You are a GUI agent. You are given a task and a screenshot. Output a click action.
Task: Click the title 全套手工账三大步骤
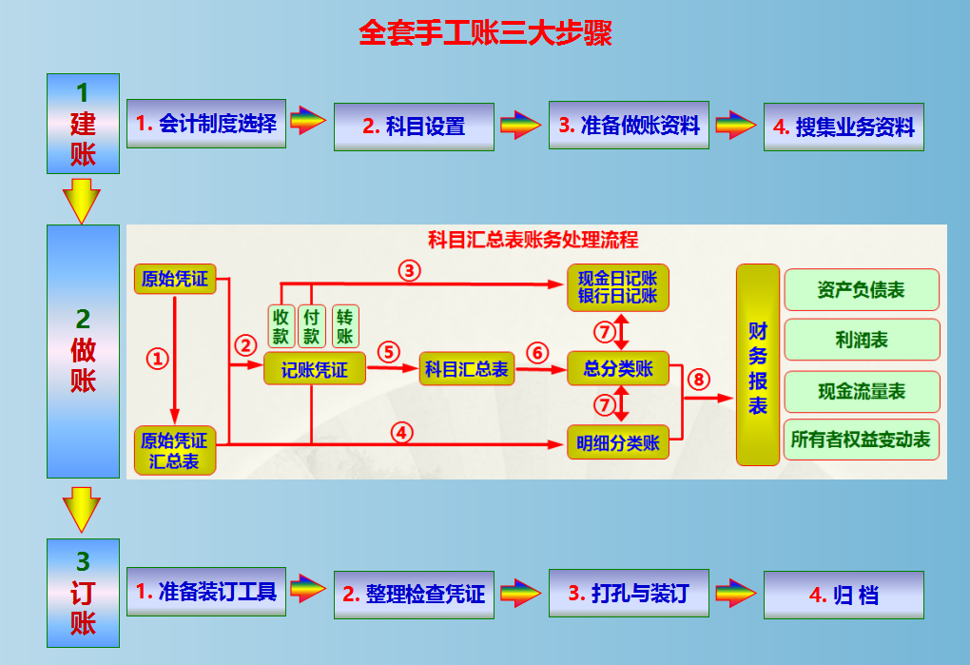485,33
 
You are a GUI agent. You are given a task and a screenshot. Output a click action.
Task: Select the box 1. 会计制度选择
205,124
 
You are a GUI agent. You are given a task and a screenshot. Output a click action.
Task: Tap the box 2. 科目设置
414,127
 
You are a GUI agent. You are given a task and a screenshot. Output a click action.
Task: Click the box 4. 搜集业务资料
844,127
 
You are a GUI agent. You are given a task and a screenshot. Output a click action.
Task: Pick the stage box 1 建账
84,124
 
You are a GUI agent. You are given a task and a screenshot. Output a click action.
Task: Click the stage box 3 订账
84,594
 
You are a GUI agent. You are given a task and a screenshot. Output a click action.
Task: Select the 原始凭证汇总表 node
174,451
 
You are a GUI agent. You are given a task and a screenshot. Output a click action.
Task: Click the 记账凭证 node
314,369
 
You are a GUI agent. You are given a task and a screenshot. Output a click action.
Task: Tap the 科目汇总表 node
466,369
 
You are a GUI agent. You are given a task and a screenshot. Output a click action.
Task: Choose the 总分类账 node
618,369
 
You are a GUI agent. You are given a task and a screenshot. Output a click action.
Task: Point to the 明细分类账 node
618,442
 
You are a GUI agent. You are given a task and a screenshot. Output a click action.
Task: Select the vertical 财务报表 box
758,364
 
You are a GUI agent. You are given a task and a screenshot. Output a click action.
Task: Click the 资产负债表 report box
861,290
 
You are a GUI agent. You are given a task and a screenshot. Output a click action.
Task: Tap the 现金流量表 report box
861,391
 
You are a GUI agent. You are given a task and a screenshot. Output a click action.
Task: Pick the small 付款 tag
311,326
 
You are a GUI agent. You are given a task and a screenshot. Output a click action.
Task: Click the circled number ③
409,270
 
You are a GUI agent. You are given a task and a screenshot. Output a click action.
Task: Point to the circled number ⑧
699,380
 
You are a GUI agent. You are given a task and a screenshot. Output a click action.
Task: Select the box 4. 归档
844,596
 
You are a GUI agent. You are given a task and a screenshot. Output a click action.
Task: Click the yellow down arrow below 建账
81,201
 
